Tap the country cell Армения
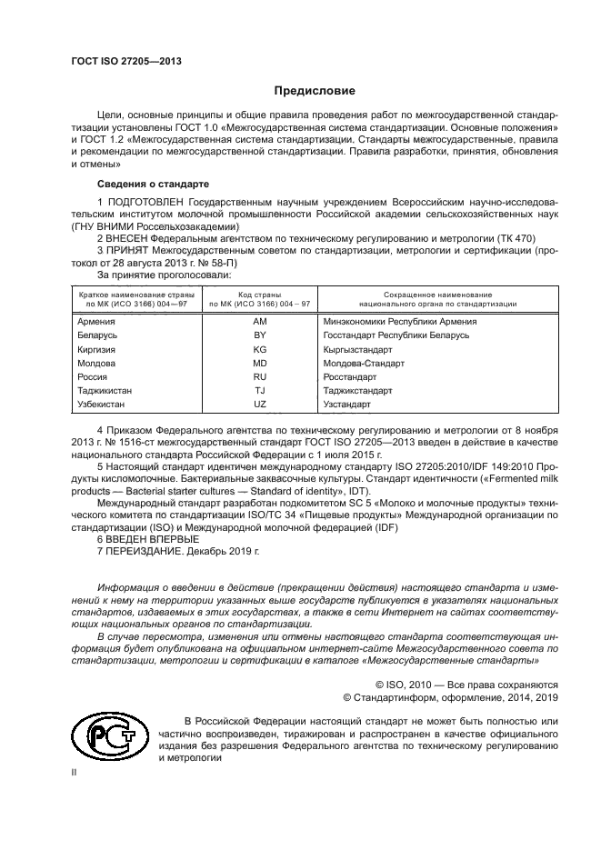tap(96, 322)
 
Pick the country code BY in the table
tap(260, 335)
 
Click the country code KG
tap(260, 349)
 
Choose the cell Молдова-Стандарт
tap(364, 363)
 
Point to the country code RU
tap(260, 376)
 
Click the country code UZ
tap(260, 403)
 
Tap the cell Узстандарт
tap(347, 403)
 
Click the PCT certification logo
tap(106, 736)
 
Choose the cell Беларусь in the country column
tap(98, 335)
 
